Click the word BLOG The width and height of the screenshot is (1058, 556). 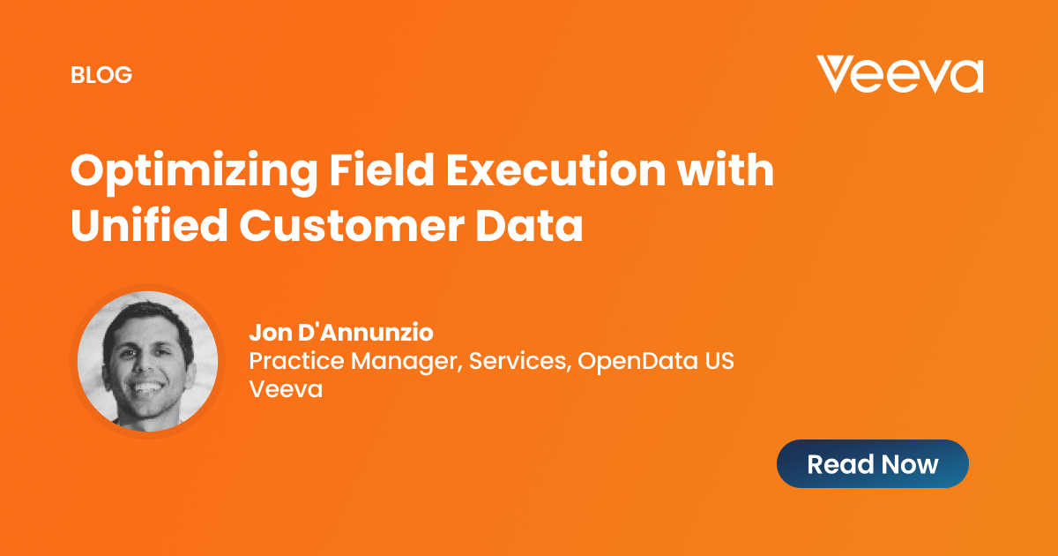coord(101,75)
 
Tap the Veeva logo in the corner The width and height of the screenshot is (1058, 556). coord(900,74)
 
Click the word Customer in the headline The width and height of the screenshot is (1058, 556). coord(352,225)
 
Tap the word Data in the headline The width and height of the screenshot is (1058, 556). coord(529,225)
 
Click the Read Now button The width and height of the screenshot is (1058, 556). coord(872,464)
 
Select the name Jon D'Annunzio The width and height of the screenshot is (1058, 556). coord(341,332)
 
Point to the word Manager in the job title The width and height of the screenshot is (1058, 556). coord(406,362)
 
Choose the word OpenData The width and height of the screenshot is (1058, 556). coord(637,361)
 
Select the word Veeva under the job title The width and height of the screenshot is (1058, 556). coord(286,389)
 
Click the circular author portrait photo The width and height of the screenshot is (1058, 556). coord(148,361)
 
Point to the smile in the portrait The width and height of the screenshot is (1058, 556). coord(147,387)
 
